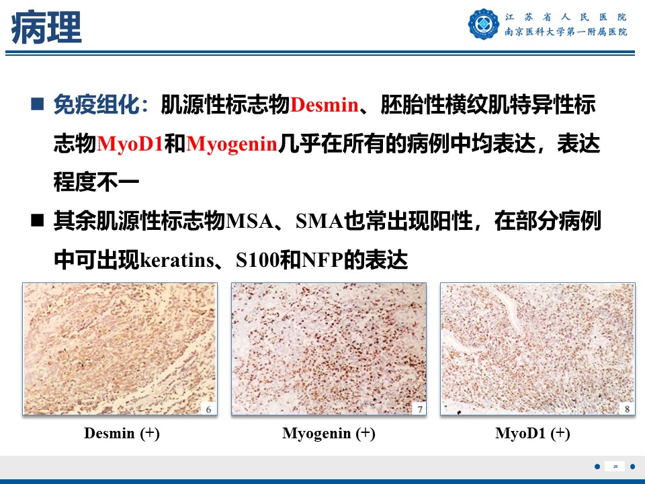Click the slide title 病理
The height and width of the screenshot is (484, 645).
click(x=46, y=28)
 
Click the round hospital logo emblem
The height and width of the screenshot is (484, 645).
click(x=483, y=24)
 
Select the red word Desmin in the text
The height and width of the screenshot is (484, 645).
click(x=324, y=105)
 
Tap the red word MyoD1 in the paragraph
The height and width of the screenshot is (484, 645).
click(x=130, y=144)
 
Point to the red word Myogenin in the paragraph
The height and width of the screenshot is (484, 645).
click(x=232, y=145)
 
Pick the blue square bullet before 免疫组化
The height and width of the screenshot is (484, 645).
click(x=38, y=104)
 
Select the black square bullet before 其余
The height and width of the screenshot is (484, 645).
click(x=38, y=220)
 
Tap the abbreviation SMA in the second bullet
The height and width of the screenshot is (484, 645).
click(x=319, y=221)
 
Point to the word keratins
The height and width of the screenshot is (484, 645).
click(x=177, y=260)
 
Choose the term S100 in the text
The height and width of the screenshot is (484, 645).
click(x=257, y=260)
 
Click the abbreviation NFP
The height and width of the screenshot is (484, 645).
click(x=322, y=260)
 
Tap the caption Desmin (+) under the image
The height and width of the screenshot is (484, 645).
click(x=122, y=434)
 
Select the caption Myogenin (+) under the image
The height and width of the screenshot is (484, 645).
click(x=329, y=434)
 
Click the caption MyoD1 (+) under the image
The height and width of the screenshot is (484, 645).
click(x=533, y=434)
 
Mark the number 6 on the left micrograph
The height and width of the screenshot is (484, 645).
click(x=208, y=409)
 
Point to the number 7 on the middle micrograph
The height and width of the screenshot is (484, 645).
click(x=420, y=409)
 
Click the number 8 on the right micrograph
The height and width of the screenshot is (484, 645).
click(x=627, y=409)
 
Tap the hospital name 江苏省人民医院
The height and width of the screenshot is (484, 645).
click(x=566, y=17)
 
